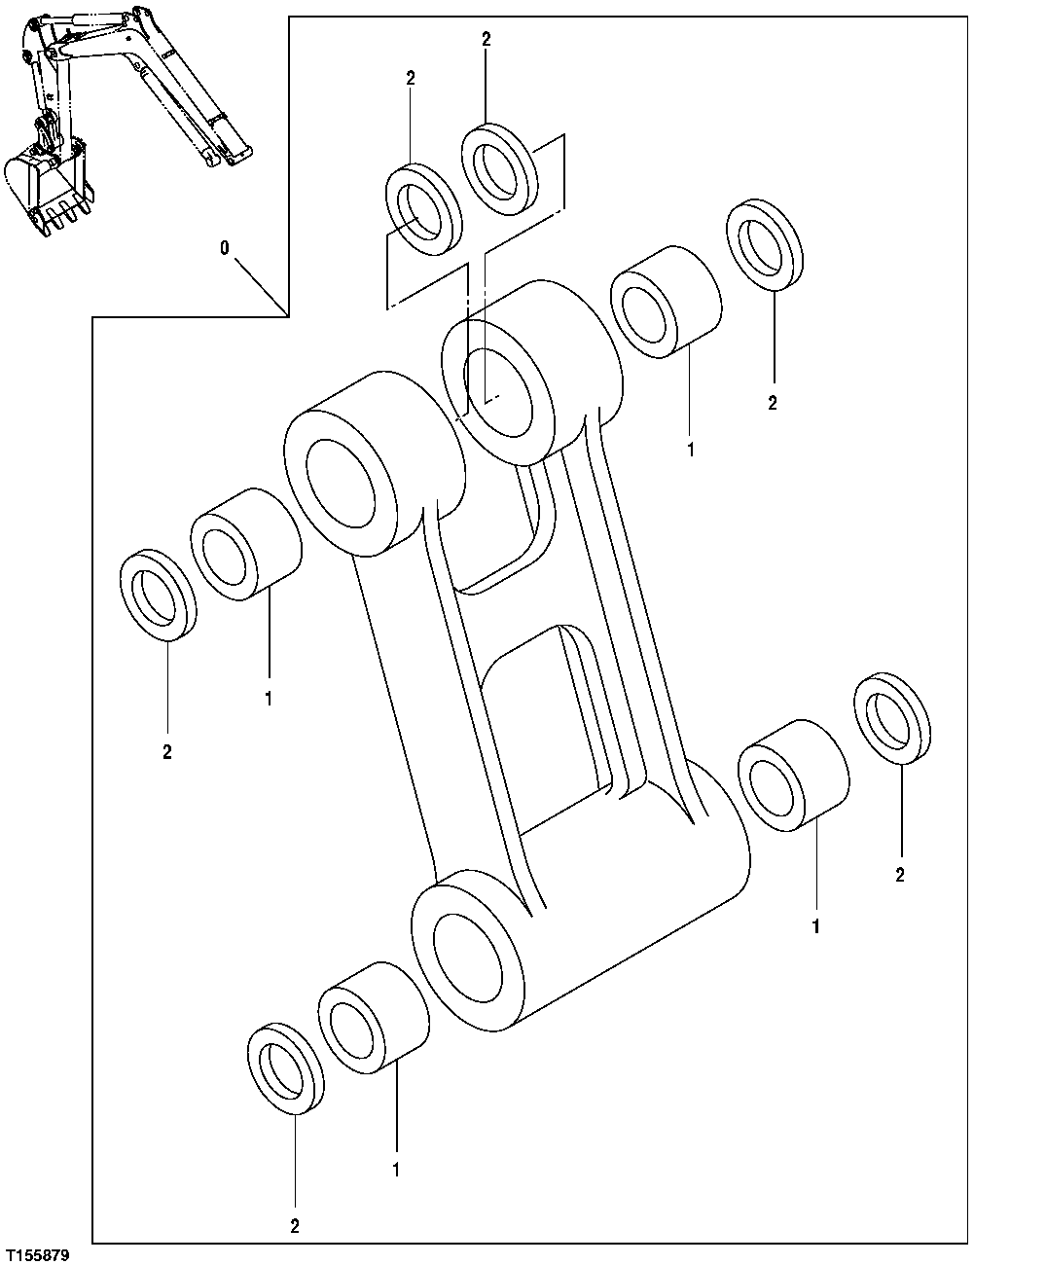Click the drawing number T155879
point(37,1255)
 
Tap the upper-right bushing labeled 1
point(667,303)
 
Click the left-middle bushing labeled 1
point(245,544)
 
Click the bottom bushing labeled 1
point(374,1017)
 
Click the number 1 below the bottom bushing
point(396,1169)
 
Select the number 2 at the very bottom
point(294,1226)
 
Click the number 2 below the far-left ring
point(166,752)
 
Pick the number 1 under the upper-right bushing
point(691,451)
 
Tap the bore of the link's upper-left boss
point(341,483)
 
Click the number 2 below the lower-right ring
point(900,875)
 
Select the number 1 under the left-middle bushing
point(268,699)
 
